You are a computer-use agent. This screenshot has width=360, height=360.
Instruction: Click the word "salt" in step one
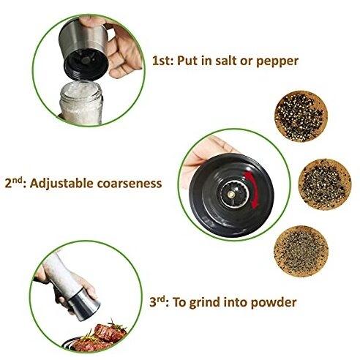[226, 60]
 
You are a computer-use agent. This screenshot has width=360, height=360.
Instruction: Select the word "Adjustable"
[61, 184]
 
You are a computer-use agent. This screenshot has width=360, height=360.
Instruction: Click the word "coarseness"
[130, 184]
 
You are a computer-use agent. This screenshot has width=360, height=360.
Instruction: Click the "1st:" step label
[162, 60]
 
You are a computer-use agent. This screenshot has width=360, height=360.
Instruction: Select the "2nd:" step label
[15, 184]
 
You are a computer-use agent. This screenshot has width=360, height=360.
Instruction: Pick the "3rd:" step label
[159, 302]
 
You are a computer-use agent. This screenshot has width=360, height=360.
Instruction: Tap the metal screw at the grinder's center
[231, 195]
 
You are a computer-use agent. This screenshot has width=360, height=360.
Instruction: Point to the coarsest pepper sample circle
[301, 116]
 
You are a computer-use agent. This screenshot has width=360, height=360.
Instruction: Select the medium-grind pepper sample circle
[324, 184]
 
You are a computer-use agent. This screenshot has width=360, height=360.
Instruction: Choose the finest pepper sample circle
[301, 251]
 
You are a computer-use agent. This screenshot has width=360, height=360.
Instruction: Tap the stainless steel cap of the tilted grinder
[83, 304]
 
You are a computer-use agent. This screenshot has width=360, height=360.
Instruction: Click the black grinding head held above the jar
[86, 64]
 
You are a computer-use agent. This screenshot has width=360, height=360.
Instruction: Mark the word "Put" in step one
[187, 60]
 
